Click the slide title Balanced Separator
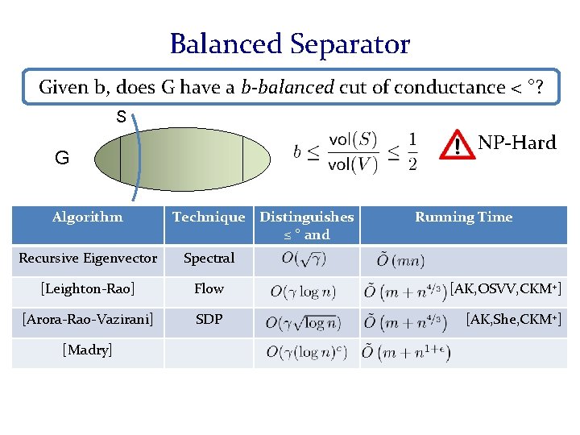click(x=289, y=43)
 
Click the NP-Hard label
click(x=516, y=143)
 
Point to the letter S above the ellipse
click(x=120, y=117)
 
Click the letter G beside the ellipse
click(x=62, y=158)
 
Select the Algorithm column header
click(x=87, y=217)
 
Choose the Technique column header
click(x=209, y=217)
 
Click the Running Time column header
click(x=463, y=217)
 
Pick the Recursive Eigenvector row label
click(x=88, y=258)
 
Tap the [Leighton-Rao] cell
click(x=88, y=288)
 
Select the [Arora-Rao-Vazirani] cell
click(x=88, y=320)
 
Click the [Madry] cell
click(x=88, y=350)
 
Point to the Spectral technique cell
click(x=209, y=258)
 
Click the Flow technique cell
click(x=209, y=288)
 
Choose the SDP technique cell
click(x=209, y=320)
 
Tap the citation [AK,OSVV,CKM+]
click(x=505, y=288)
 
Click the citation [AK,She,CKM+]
click(x=514, y=320)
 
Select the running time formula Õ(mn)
click(x=400, y=260)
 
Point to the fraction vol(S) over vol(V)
click(x=352, y=151)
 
